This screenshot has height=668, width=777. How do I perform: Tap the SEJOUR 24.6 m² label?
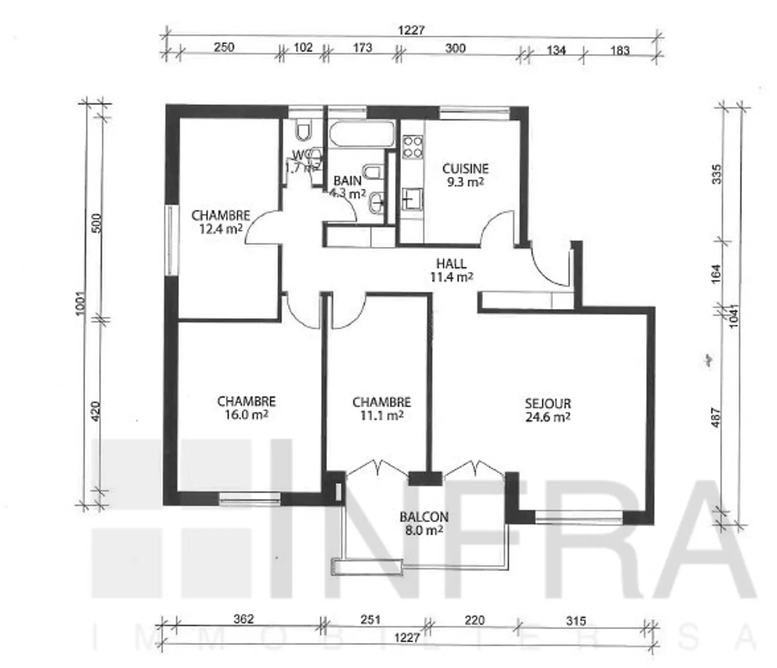coord(548,410)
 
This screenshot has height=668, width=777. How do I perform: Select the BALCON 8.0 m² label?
coord(424,523)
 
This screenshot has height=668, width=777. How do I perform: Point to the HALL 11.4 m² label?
coord(452,270)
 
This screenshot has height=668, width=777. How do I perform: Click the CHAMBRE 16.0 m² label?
coord(247,408)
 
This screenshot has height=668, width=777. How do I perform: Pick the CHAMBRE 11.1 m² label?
coord(381,409)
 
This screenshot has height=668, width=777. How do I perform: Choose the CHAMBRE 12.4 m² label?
coord(221,222)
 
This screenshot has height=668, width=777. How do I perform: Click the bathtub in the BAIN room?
coord(362,134)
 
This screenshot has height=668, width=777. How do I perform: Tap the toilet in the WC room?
coord(304,131)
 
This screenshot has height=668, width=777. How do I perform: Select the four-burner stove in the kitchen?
coord(413,147)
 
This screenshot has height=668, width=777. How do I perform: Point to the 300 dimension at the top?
coord(455,48)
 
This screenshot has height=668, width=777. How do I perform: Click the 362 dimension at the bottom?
coord(243,619)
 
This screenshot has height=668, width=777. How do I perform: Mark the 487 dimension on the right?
coord(716,417)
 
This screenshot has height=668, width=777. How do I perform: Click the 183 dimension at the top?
coord(620,50)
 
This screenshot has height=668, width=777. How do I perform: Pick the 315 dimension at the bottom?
coord(576,621)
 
